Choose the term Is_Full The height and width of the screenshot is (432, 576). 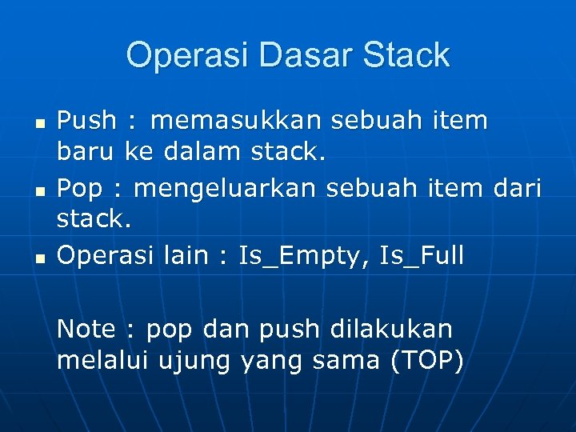(x=422, y=256)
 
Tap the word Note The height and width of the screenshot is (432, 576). (x=86, y=328)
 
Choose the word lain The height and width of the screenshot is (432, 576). (x=183, y=256)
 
